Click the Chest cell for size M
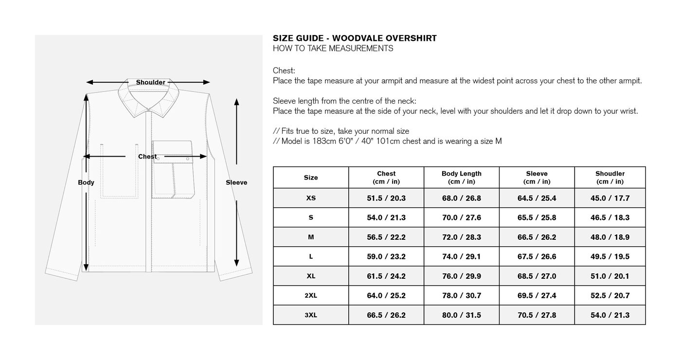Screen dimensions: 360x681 (386, 237)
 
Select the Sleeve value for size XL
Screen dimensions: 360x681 (537, 276)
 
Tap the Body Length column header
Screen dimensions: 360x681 (461, 178)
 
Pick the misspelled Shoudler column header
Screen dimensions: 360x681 (609, 178)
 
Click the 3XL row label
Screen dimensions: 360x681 (311, 315)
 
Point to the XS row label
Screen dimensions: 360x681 (311, 198)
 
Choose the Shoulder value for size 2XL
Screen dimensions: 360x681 (609, 295)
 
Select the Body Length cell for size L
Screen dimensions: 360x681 (461, 256)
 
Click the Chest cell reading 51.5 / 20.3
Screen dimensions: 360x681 (386, 198)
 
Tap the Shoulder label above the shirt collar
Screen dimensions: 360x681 (150, 83)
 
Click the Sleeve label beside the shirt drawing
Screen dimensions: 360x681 (236, 182)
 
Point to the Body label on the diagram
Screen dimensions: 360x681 (86, 182)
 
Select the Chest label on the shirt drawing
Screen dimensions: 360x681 (147, 157)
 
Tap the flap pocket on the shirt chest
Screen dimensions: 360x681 (173, 152)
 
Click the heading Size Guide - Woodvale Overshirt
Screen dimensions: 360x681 (355, 38)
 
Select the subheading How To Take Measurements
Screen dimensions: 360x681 (333, 49)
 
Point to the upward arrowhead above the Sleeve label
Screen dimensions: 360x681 (236, 102)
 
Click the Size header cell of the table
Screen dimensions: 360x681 (311, 178)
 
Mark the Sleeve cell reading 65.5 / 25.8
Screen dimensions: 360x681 (537, 217)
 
